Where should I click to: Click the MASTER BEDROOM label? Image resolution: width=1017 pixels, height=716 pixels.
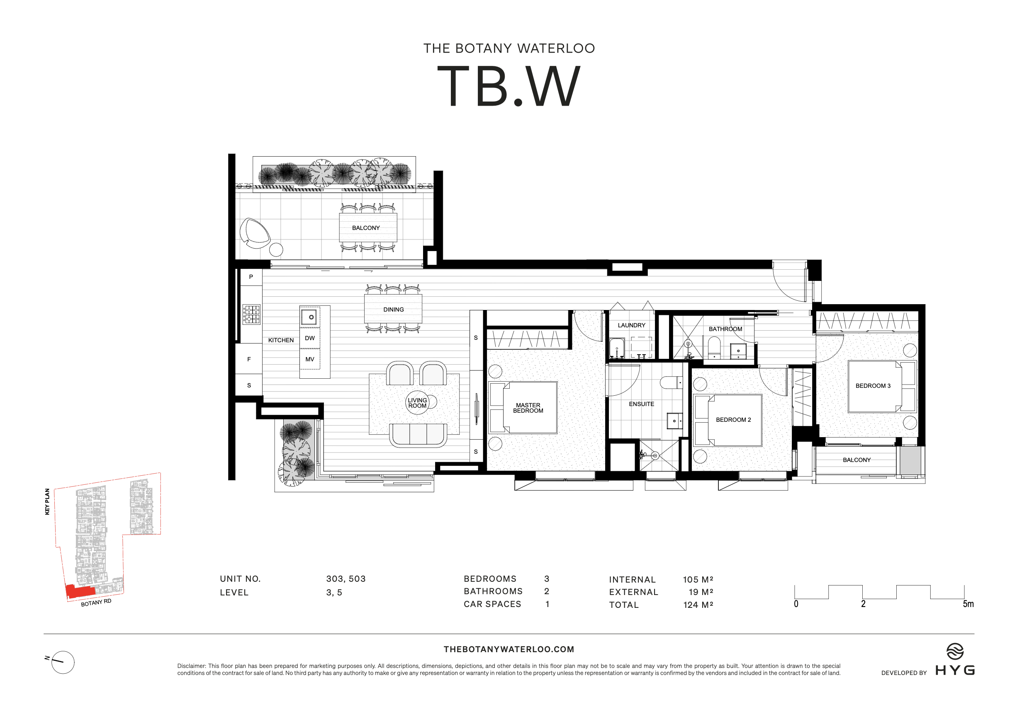tap(528, 408)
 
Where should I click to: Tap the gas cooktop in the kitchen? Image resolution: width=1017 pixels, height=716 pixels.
tap(252, 314)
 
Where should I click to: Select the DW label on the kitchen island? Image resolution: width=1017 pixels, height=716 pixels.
tap(309, 338)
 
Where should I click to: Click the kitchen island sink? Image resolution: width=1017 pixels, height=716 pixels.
tap(309, 317)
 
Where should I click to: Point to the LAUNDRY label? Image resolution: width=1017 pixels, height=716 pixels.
tap(631, 325)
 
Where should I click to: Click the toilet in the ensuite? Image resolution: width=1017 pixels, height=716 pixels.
tap(672, 382)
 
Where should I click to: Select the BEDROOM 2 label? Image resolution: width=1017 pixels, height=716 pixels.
tap(733, 419)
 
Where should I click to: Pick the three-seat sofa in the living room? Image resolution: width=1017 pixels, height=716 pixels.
tap(418, 435)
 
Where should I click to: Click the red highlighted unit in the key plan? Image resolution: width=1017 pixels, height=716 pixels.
tap(80, 591)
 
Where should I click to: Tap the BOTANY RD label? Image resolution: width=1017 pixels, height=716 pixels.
tap(96, 603)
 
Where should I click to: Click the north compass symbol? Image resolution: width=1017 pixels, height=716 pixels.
tap(63, 662)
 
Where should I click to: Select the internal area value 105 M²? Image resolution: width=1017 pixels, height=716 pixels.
tap(698, 579)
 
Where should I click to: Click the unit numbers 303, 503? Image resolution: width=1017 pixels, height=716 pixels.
tap(345, 579)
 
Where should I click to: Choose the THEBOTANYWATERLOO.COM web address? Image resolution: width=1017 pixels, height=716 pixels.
tap(508, 649)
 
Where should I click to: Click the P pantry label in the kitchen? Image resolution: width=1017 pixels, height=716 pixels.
tap(251, 277)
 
